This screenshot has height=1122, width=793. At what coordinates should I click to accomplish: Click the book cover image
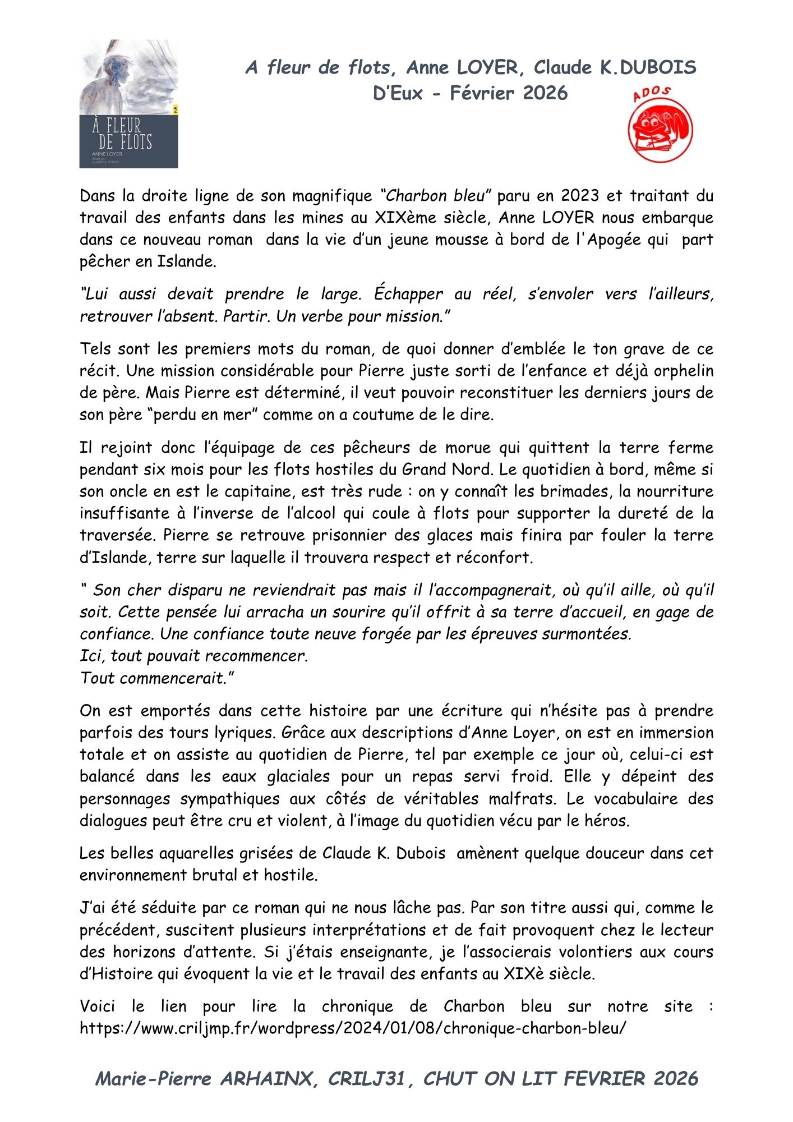[128, 104]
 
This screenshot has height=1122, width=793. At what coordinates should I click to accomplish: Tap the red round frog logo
[660, 130]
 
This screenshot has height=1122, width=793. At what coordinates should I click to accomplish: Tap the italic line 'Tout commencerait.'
[156, 678]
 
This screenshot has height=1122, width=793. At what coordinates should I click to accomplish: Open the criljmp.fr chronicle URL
[352, 1028]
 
